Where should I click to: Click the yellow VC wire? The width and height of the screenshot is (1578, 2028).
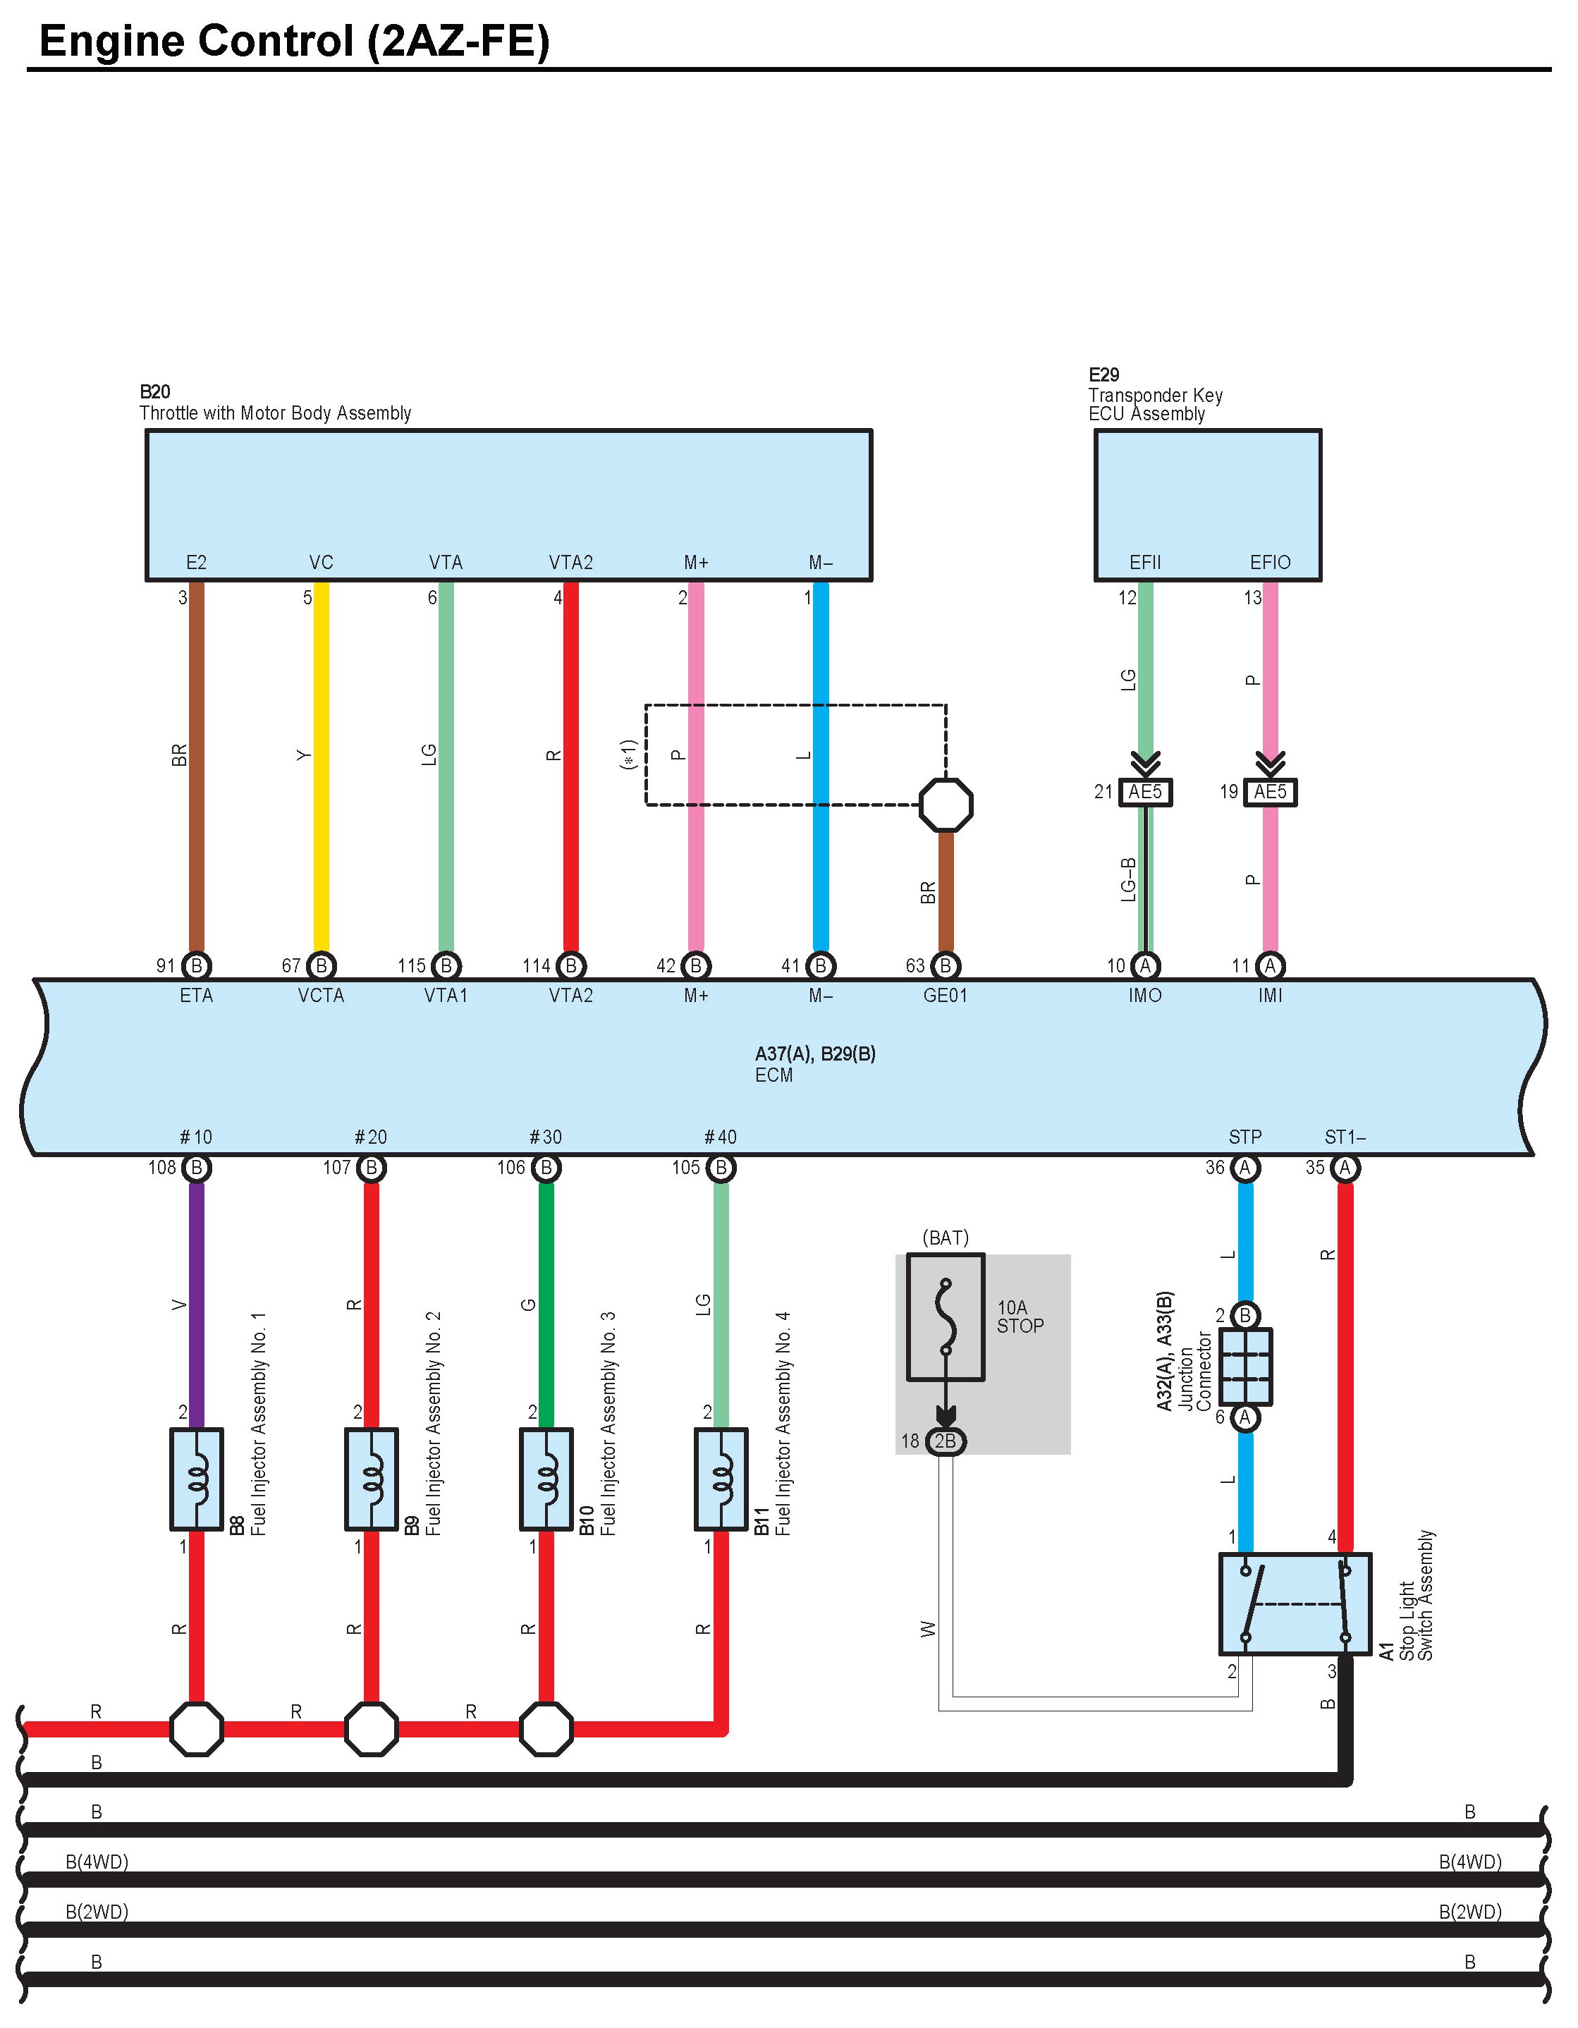pos(321,767)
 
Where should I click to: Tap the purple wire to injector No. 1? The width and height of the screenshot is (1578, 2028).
pos(197,1305)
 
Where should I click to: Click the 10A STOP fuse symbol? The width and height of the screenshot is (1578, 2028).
pos(946,1317)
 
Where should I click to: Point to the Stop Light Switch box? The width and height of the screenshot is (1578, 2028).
pos(1295,1604)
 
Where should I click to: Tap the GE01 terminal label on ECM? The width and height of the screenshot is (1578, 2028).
pos(945,996)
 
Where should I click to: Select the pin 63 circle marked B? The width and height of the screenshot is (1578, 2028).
pos(946,966)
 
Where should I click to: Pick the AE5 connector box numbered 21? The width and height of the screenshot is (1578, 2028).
pos(1146,792)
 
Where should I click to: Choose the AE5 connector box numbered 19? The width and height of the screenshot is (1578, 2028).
pos(1271,792)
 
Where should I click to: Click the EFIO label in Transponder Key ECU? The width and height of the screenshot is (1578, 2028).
pos(1270,563)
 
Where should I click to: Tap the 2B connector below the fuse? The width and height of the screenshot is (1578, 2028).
pos(946,1441)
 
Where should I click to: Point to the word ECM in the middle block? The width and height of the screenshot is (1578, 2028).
pos(774,1075)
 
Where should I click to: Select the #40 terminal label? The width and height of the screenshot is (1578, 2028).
pos(721,1137)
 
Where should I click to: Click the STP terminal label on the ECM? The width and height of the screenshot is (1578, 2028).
pos(1244,1137)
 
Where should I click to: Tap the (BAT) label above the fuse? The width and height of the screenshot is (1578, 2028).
pos(945,1238)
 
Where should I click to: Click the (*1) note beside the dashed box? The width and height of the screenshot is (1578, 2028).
pos(628,754)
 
